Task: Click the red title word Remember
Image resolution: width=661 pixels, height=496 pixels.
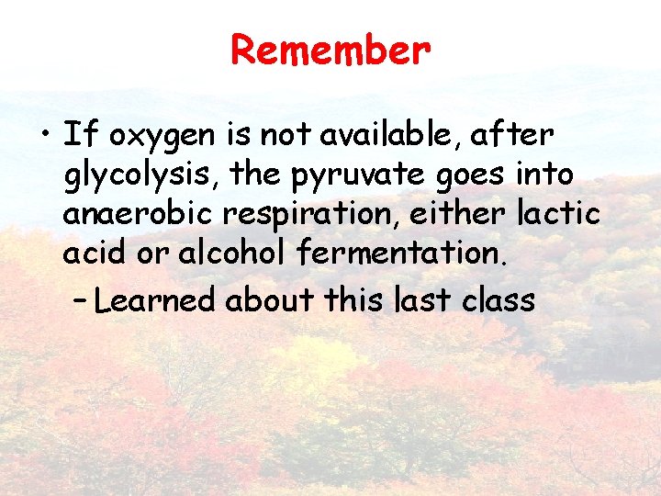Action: coord(330,50)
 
